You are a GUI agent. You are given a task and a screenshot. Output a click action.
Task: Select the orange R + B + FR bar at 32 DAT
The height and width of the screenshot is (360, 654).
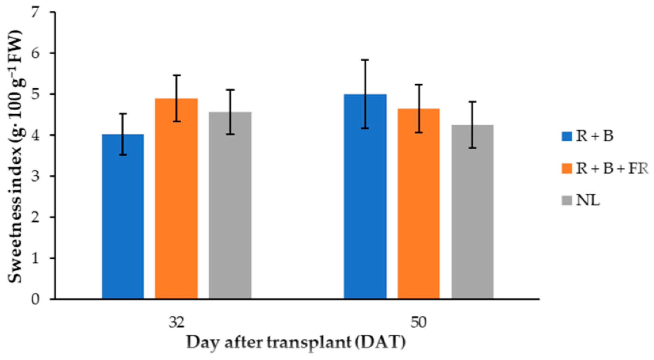click(176, 199)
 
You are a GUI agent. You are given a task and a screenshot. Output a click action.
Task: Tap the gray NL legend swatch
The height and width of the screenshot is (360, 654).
click(567, 201)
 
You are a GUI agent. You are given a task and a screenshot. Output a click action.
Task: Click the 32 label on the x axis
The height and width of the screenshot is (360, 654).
click(176, 323)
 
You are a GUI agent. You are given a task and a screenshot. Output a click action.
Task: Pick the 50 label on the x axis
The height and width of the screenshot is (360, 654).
click(419, 323)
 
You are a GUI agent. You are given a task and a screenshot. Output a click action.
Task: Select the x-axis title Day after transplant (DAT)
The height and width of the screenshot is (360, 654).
click(296, 343)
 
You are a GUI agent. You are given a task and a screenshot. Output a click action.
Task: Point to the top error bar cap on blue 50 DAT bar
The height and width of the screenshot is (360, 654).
click(365, 60)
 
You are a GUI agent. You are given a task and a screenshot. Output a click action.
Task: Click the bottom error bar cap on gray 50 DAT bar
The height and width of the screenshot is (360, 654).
click(473, 148)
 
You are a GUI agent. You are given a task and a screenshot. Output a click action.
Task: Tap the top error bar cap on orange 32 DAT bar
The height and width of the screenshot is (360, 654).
click(176, 75)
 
